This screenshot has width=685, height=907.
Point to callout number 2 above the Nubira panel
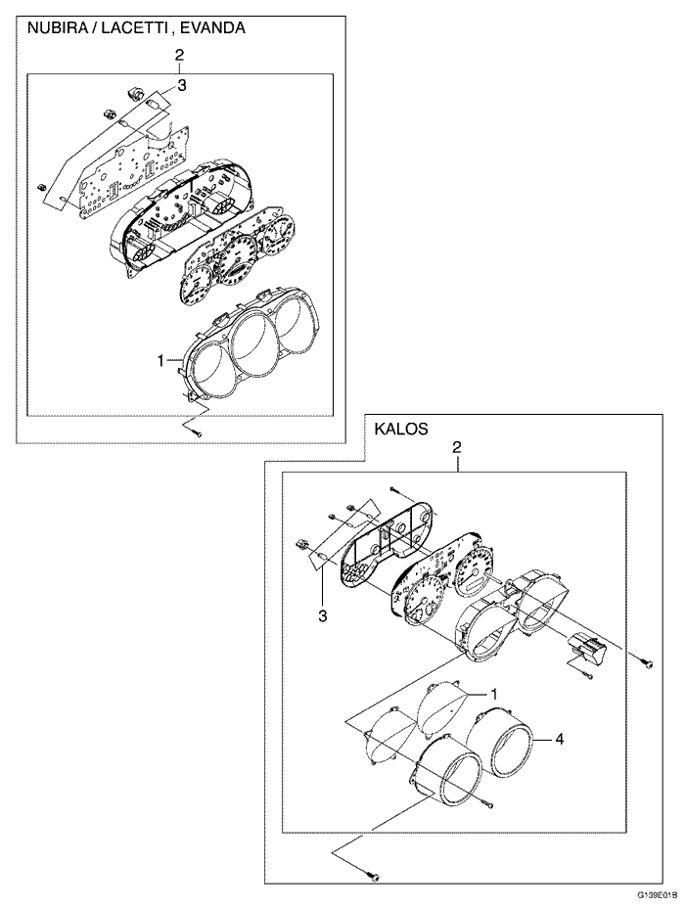pos(179,55)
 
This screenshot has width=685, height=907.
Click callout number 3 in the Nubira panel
pos(182,86)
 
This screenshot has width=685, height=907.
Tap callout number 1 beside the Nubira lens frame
pos(160,361)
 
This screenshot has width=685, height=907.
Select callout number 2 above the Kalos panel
pos(456,446)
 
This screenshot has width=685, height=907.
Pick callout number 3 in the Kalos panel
pos(322,616)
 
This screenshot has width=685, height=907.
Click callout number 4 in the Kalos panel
pos(560,739)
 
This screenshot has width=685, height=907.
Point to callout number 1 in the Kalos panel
pos(493,693)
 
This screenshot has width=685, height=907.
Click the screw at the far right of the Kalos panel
pos(649,664)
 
